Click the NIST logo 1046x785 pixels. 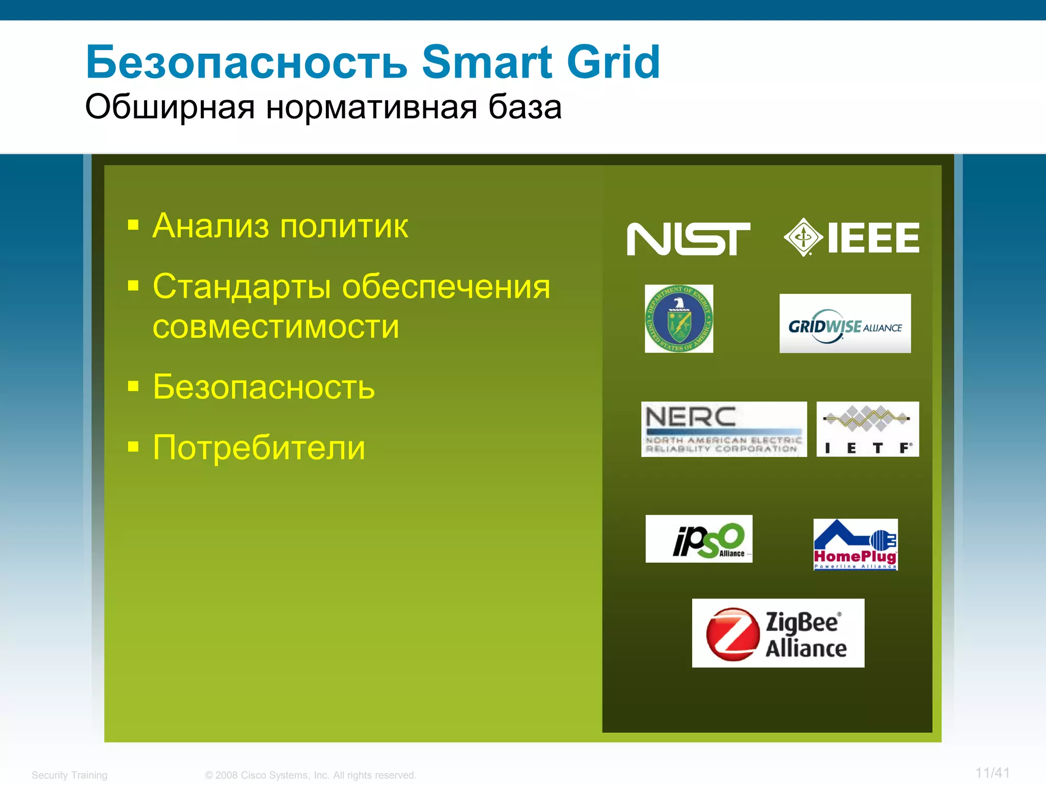[688, 239]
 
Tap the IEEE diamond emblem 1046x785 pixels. [803, 237]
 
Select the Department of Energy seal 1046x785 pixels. [679, 319]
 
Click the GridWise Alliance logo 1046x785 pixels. [845, 324]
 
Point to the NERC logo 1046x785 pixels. [724, 429]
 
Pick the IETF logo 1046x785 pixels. [867, 429]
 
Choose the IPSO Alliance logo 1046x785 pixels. [699, 539]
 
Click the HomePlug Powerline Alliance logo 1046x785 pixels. [855, 545]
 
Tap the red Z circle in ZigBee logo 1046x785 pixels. [732, 634]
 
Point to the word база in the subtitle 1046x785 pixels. [525, 107]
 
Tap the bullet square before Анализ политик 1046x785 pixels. [133, 225]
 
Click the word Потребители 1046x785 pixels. [259, 448]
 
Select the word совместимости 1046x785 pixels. [276, 327]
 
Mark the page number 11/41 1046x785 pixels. [992, 773]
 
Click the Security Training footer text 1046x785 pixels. [69, 775]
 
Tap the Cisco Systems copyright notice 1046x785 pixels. [311, 775]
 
